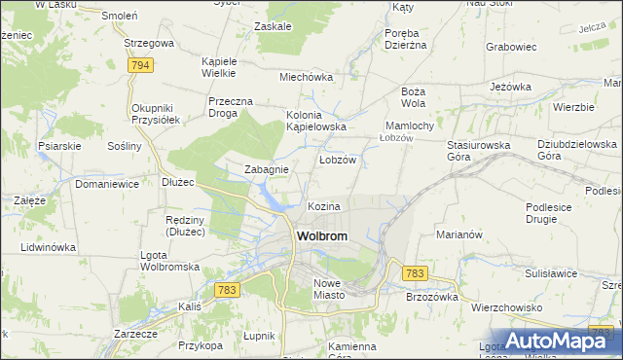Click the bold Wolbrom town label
pos(321,236)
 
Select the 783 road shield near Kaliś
pos(228,290)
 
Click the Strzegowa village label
pos(149,44)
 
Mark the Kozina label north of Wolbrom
pos(324,207)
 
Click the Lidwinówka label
pos(48,247)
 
